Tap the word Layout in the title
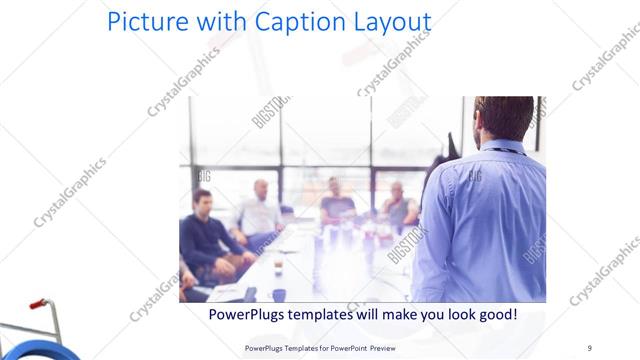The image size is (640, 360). click(x=386, y=22)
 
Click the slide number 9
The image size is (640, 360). click(x=589, y=347)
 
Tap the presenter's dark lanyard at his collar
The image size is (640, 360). click(x=505, y=151)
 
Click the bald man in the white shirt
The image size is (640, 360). click(x=258, y=210)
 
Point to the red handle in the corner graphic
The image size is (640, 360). click(x=38, y=303)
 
